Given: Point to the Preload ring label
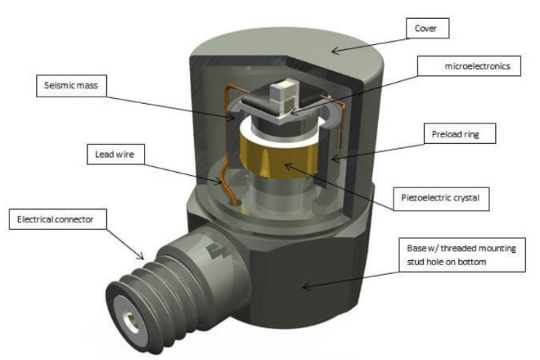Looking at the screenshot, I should point(462,132).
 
